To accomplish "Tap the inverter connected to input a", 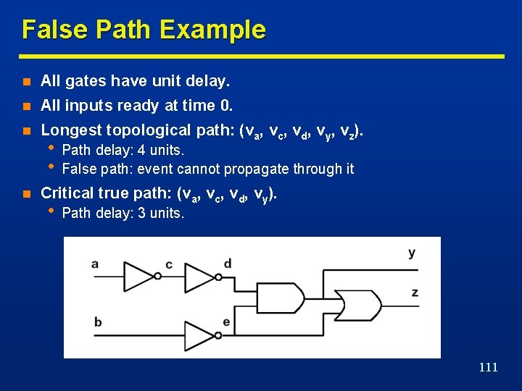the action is (140, 276).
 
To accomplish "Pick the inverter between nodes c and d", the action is (200, 276).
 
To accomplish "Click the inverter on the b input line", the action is (200, 335).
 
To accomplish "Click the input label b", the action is (98, 321).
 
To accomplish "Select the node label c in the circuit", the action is (169, 264).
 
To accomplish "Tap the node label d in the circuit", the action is (228, 264).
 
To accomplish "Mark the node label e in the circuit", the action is (227, 322).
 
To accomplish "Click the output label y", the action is (412, 253).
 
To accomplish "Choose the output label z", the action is (415, 292).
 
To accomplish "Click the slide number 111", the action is (489, 367).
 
